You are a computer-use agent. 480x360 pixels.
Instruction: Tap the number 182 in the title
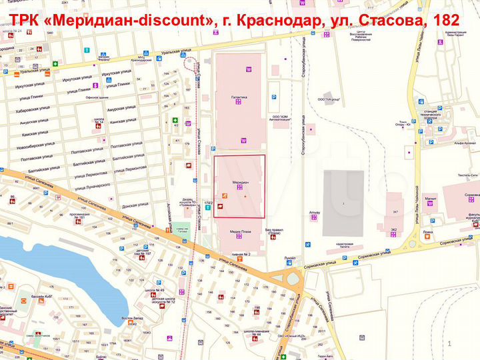[x=446, y=21]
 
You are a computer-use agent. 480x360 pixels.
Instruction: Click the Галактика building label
[x=239, y=97]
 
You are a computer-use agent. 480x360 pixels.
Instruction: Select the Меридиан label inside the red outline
[x=240, y=182]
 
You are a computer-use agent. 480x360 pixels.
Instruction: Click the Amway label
[x=315, y=213]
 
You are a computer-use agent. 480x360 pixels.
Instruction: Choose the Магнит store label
[x=431, y=198]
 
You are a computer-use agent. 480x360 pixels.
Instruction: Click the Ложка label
[x=427, y=233]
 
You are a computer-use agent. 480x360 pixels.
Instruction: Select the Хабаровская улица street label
[x=33, y=111]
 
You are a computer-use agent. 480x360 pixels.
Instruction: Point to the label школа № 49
[x=158, y=291]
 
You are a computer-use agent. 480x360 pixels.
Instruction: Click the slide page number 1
[x=450, y=343]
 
